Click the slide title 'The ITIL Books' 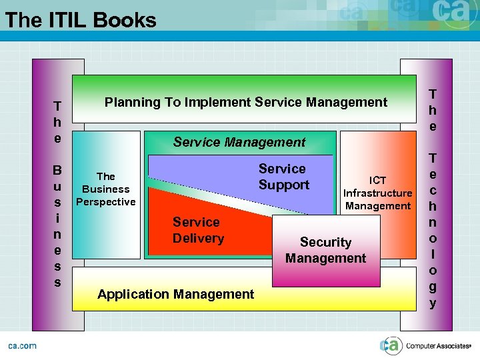[81, 20]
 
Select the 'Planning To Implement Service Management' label [245, 102]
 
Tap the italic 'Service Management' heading [239, 141]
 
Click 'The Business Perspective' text [106, 189]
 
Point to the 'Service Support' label [283, 177]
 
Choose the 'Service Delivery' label [198, 230]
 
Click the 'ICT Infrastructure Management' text [378, 193]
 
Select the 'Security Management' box [325, 250]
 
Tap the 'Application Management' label [175, 294]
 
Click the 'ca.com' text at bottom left [22, 345]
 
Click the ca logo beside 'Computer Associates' [391, 345]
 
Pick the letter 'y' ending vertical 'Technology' [433, 303]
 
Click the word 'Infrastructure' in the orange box [378, 193]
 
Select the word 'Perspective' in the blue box [106, 201]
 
